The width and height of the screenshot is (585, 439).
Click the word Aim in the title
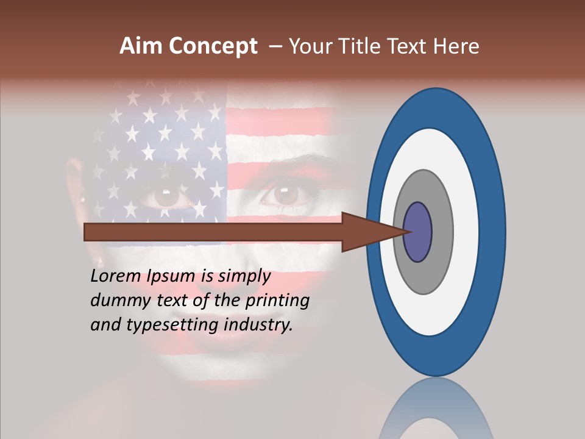click(x=141, y=46)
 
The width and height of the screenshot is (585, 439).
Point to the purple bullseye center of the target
click(x=418, y=232)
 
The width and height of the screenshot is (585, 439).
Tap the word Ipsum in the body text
click(x=169, y=277)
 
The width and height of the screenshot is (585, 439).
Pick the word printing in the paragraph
click(x=277, y=301)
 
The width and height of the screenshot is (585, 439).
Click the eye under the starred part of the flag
click(x=166, y=195)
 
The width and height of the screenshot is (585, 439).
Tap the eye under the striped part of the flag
click(x=283, y=194)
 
